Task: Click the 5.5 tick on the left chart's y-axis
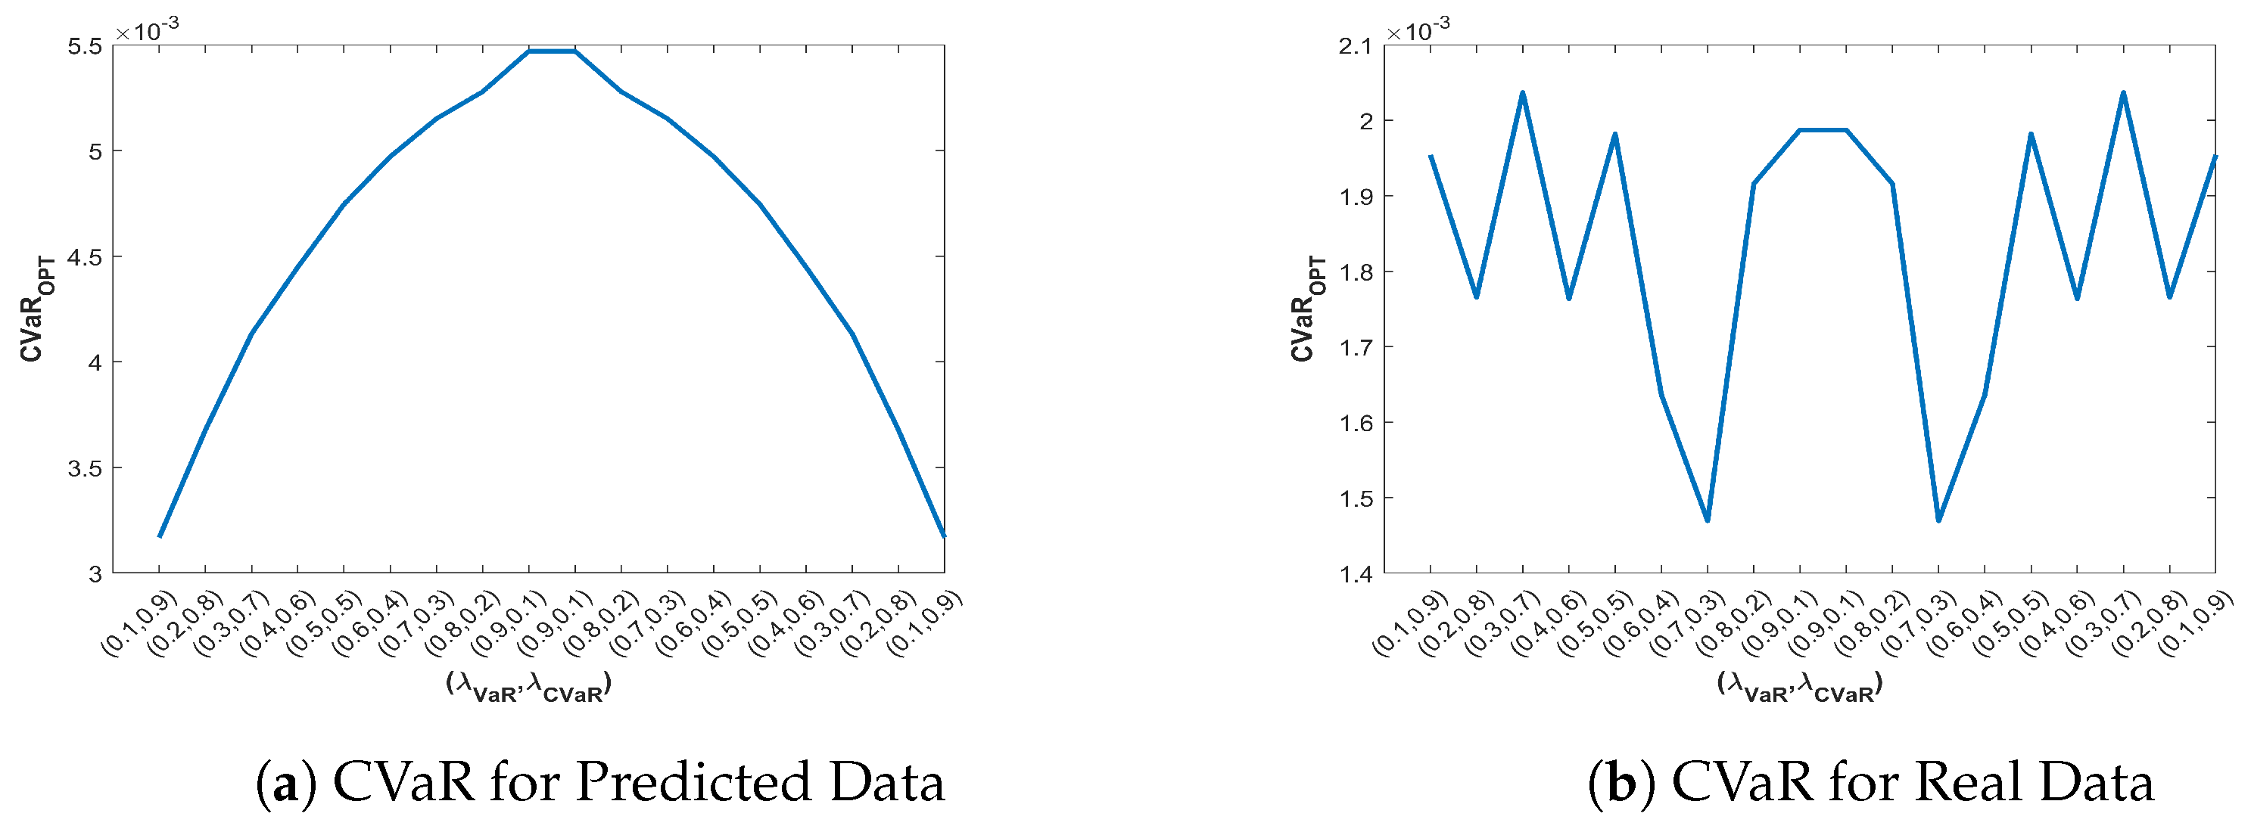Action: (84, 46)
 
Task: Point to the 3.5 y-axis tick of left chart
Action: (84, 468)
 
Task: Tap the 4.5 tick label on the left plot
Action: (84, 258)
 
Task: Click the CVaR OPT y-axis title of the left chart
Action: (36, 309)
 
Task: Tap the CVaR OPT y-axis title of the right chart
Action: (1307, 309)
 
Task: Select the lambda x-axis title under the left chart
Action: (528, 686)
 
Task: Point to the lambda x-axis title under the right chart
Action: (1799, 686)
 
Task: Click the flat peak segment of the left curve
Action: (551, 51)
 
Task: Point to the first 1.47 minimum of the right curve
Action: (1707, 520)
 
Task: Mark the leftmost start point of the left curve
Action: (160, 536)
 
